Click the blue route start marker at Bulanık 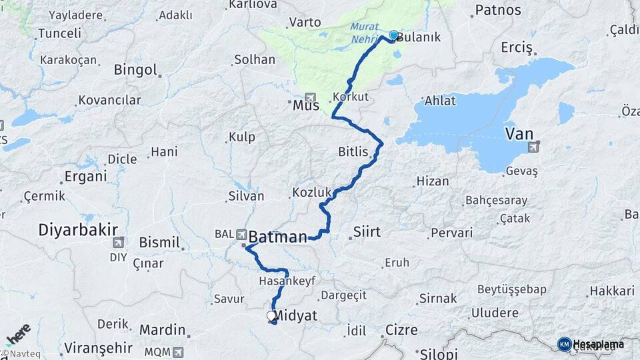[393, 35]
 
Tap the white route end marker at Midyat [271, 316]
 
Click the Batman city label [277, 235]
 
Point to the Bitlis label [353, 152]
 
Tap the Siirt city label [365, 232]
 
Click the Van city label [519, 134]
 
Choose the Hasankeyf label [286, 281]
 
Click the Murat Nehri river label [365, 33]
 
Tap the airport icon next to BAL [241, 234]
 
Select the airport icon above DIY [119, 243]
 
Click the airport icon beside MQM [177, 351]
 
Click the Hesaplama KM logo [591, 344]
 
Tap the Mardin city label [162, 329]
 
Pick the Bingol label [135, 70]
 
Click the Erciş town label [517, 48]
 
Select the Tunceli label [59, 33]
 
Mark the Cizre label [401, 330]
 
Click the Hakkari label [611, 291]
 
